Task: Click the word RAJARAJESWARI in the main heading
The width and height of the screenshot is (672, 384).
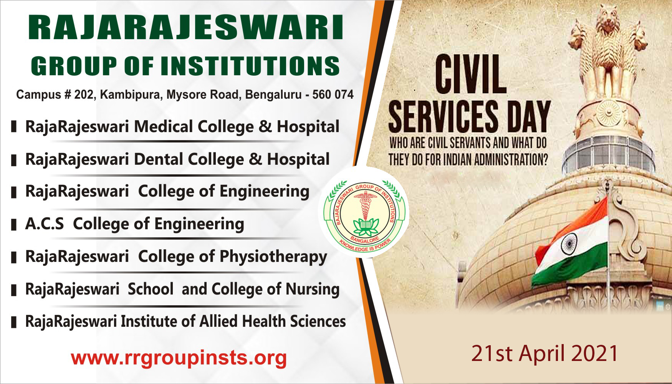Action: (185, 28)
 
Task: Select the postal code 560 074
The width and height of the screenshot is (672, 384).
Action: (333, 94)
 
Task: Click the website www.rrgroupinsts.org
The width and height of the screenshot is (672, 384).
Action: (179, 358)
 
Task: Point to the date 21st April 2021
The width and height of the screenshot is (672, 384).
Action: (545, 353)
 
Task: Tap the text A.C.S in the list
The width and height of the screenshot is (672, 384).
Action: (45, 224)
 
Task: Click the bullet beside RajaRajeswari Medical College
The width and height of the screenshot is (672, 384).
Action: (14, 127)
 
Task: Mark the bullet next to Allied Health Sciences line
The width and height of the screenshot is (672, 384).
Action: (14, 322)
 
